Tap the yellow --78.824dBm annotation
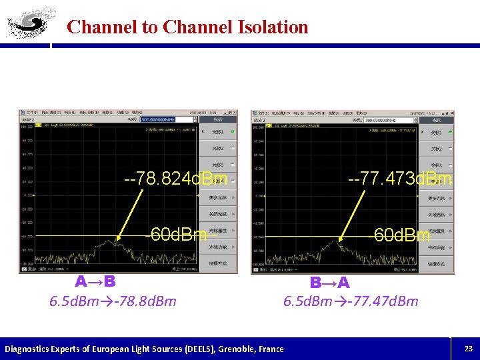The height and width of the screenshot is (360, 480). click(x=176, y=179)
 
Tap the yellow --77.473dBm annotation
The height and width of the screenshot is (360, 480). click(x=400, y=179)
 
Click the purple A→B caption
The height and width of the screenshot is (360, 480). click(x=95, y=281)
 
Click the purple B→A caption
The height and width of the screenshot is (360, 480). click(x=329, y=283)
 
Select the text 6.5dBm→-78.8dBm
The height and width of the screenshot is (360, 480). click(x=113, y=301)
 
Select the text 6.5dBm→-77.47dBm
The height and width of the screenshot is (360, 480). click(x=351, y=301)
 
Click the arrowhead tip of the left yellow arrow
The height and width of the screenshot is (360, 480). click(x=117, y=239)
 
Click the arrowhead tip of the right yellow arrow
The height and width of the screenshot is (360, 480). click(x=340, y=241)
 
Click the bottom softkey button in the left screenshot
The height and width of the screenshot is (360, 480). click(x=221, y=263)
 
